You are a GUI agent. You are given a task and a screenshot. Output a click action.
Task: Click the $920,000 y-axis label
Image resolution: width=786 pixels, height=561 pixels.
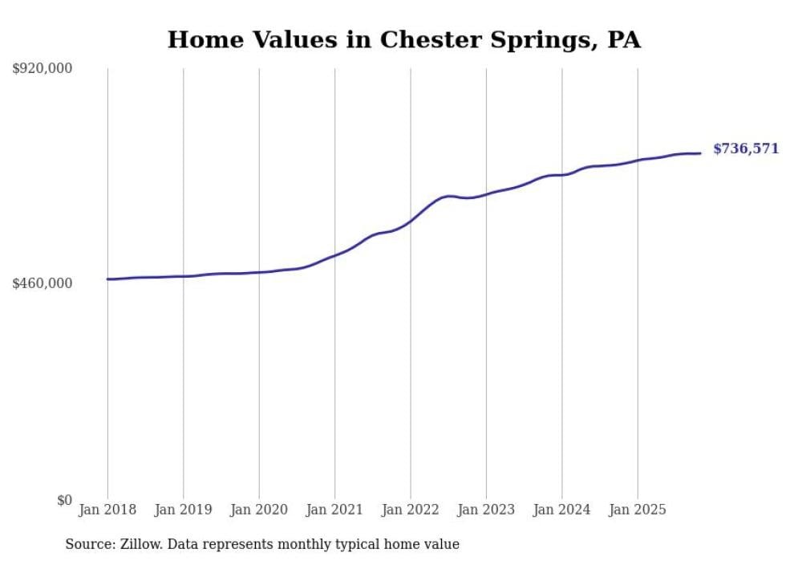coord(43,69)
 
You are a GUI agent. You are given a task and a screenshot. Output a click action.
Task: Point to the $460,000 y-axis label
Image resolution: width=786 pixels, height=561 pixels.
coord(43,283)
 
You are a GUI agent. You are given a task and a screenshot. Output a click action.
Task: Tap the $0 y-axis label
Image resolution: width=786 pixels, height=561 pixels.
coord(64,500)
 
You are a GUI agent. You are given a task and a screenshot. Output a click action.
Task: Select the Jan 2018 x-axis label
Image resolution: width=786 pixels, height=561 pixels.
coord(107,510)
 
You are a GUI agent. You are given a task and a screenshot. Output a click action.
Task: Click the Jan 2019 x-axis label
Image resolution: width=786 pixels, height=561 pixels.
coord(183,510)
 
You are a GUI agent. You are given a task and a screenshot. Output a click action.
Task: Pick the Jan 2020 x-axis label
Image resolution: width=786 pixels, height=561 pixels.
coord(259,510)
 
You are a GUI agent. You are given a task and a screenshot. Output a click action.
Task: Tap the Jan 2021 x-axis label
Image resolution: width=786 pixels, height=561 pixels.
coord(334,510)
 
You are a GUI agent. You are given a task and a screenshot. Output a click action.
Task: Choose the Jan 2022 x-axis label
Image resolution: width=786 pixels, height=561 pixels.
coord(411,510)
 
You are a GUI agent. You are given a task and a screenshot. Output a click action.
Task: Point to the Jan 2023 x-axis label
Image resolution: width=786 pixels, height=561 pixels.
coord(486,510)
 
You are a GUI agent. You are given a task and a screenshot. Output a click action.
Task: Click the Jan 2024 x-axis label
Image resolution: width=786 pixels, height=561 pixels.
coord(561,510)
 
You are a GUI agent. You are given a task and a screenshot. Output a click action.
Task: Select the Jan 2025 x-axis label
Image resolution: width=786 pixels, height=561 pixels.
coord(638,510)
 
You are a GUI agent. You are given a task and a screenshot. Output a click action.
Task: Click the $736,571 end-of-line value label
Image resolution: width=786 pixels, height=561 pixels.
coord(745,148)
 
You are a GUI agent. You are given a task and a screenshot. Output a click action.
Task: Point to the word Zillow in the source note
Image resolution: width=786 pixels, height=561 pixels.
coord(140,544)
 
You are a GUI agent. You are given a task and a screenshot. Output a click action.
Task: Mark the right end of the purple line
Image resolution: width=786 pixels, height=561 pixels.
coord(700,153)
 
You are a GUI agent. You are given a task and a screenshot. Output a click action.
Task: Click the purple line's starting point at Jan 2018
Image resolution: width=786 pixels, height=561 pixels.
coord(107,279)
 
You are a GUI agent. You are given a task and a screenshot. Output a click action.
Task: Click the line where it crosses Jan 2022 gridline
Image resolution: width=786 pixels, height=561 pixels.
coord(411,220)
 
